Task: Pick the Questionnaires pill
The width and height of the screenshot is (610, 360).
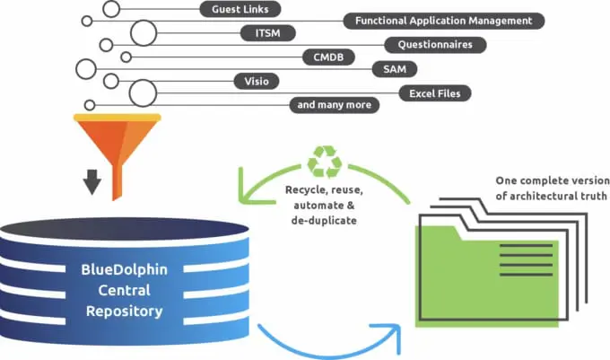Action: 435,44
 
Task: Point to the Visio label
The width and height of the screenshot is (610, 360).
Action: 256,80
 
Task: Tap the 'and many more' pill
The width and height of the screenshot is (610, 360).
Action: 334,105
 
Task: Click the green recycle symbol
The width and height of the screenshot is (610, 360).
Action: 325,162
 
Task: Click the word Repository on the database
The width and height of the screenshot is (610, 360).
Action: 125,312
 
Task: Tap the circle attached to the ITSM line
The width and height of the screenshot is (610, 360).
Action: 144,33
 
